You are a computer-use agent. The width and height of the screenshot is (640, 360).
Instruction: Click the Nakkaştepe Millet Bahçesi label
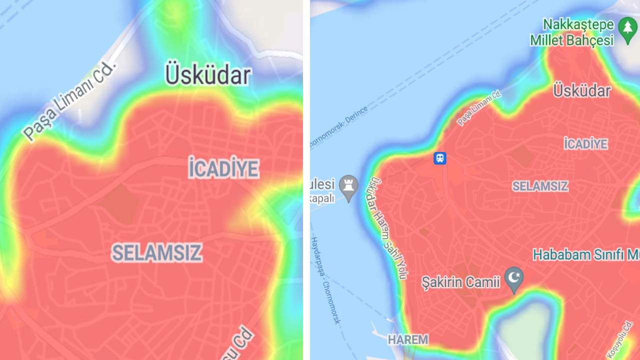point(572,32)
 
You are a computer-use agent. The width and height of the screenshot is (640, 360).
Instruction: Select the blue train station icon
point(439,158)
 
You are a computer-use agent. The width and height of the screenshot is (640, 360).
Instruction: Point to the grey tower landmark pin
point(348,186)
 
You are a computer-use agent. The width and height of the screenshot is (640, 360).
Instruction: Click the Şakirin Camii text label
point(460,282)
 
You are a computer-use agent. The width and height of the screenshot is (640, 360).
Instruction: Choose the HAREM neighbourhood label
point(408,340)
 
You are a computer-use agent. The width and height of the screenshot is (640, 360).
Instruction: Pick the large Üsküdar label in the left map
point(207,75)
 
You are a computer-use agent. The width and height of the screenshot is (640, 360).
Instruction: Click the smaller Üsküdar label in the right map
point(582,91)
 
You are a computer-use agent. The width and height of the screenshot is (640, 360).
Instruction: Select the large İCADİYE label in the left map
point(224,168)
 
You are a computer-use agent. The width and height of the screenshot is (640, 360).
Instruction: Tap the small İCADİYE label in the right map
point(585,144)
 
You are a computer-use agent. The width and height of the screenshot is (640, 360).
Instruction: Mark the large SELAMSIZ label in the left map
point(156,253)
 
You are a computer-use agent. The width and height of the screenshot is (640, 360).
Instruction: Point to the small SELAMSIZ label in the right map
point(540,186)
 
